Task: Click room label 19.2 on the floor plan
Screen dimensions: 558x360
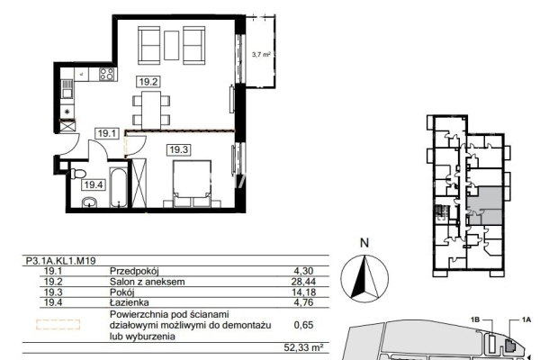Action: click(x=148, y=82)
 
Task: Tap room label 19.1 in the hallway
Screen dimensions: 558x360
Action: click(x=107, y=133)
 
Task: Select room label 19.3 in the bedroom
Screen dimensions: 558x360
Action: click(x=178, y=149)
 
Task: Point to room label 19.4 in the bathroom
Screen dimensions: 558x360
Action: click(x=94, y=185)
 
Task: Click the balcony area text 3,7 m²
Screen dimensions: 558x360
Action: click(x=261, y=55)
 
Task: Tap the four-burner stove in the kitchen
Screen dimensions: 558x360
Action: click(x=107, y=74)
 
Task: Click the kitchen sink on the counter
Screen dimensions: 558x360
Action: click(x=67, y=89)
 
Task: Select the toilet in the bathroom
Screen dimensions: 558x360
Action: click(x=78, y=174)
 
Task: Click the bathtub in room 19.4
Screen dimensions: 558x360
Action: click(x=118, y=187)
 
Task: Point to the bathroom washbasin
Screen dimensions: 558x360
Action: click(x=89, y=202)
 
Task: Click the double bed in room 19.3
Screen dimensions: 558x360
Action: click(x=192, y=184)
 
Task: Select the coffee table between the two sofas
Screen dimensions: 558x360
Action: click(x=172, y=45)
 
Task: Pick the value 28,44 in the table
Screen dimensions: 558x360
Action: click(x=303, y=282)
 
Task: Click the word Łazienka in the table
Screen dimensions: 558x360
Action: click(x=130, y=302)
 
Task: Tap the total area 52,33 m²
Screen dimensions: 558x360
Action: click(x=303, y=347)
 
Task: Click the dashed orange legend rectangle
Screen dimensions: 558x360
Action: click(x=58, y=324)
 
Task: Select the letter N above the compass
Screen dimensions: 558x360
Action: click(x=364, y=243)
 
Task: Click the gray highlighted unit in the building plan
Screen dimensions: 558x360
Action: click(x=484, y=205)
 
